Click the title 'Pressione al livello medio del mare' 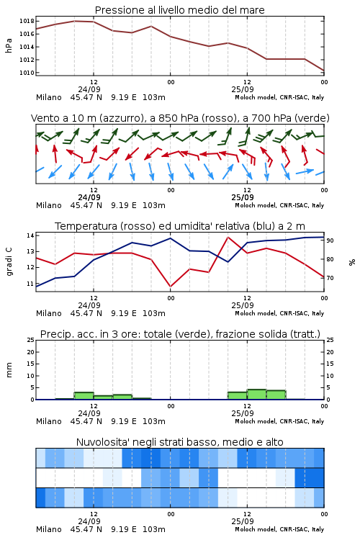point(179,10)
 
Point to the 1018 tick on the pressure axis point(27,21)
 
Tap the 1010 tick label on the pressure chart point(27,73)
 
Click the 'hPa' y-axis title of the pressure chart point(9,45)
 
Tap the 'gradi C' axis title point(9,261)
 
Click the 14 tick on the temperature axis point(30,235)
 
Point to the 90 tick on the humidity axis point(330,240)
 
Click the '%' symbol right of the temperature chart point(352,262)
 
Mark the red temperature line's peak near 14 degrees point(228,237)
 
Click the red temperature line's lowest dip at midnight point(170,286)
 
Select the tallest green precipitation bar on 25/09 point(256,395)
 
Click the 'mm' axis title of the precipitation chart point(9,370)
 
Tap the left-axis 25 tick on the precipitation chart point(31,340)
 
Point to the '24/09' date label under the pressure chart point(89,89)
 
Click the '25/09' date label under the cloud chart point(243,521)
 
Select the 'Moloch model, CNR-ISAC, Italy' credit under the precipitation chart point(279,421)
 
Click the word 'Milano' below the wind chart point(48,205)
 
